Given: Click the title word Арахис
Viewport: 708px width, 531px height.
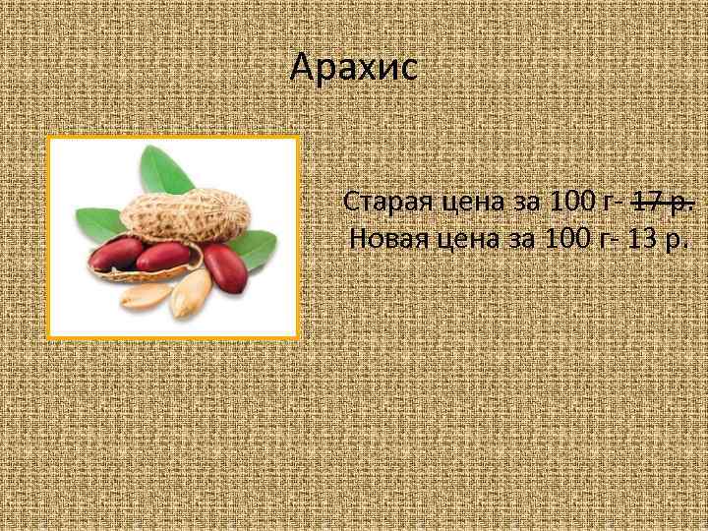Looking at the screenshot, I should [354, 68].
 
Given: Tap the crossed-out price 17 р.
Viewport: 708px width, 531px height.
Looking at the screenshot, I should [664, 203].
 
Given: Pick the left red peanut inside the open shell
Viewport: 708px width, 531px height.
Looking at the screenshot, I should [116, 257].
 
